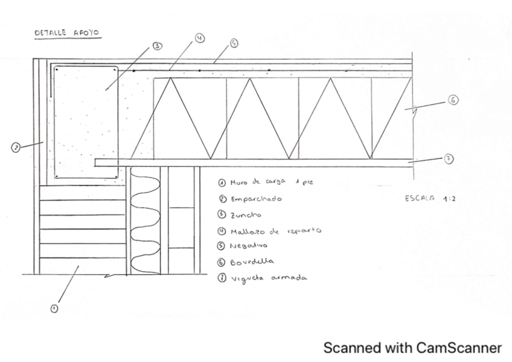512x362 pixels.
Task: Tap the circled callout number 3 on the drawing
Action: (157, 46)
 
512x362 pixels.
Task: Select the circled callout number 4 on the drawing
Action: (200, 38)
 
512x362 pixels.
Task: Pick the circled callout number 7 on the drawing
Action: (449, 158)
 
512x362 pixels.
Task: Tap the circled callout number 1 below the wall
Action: (54, 308)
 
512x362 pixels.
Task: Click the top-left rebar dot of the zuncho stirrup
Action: (56, 69)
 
